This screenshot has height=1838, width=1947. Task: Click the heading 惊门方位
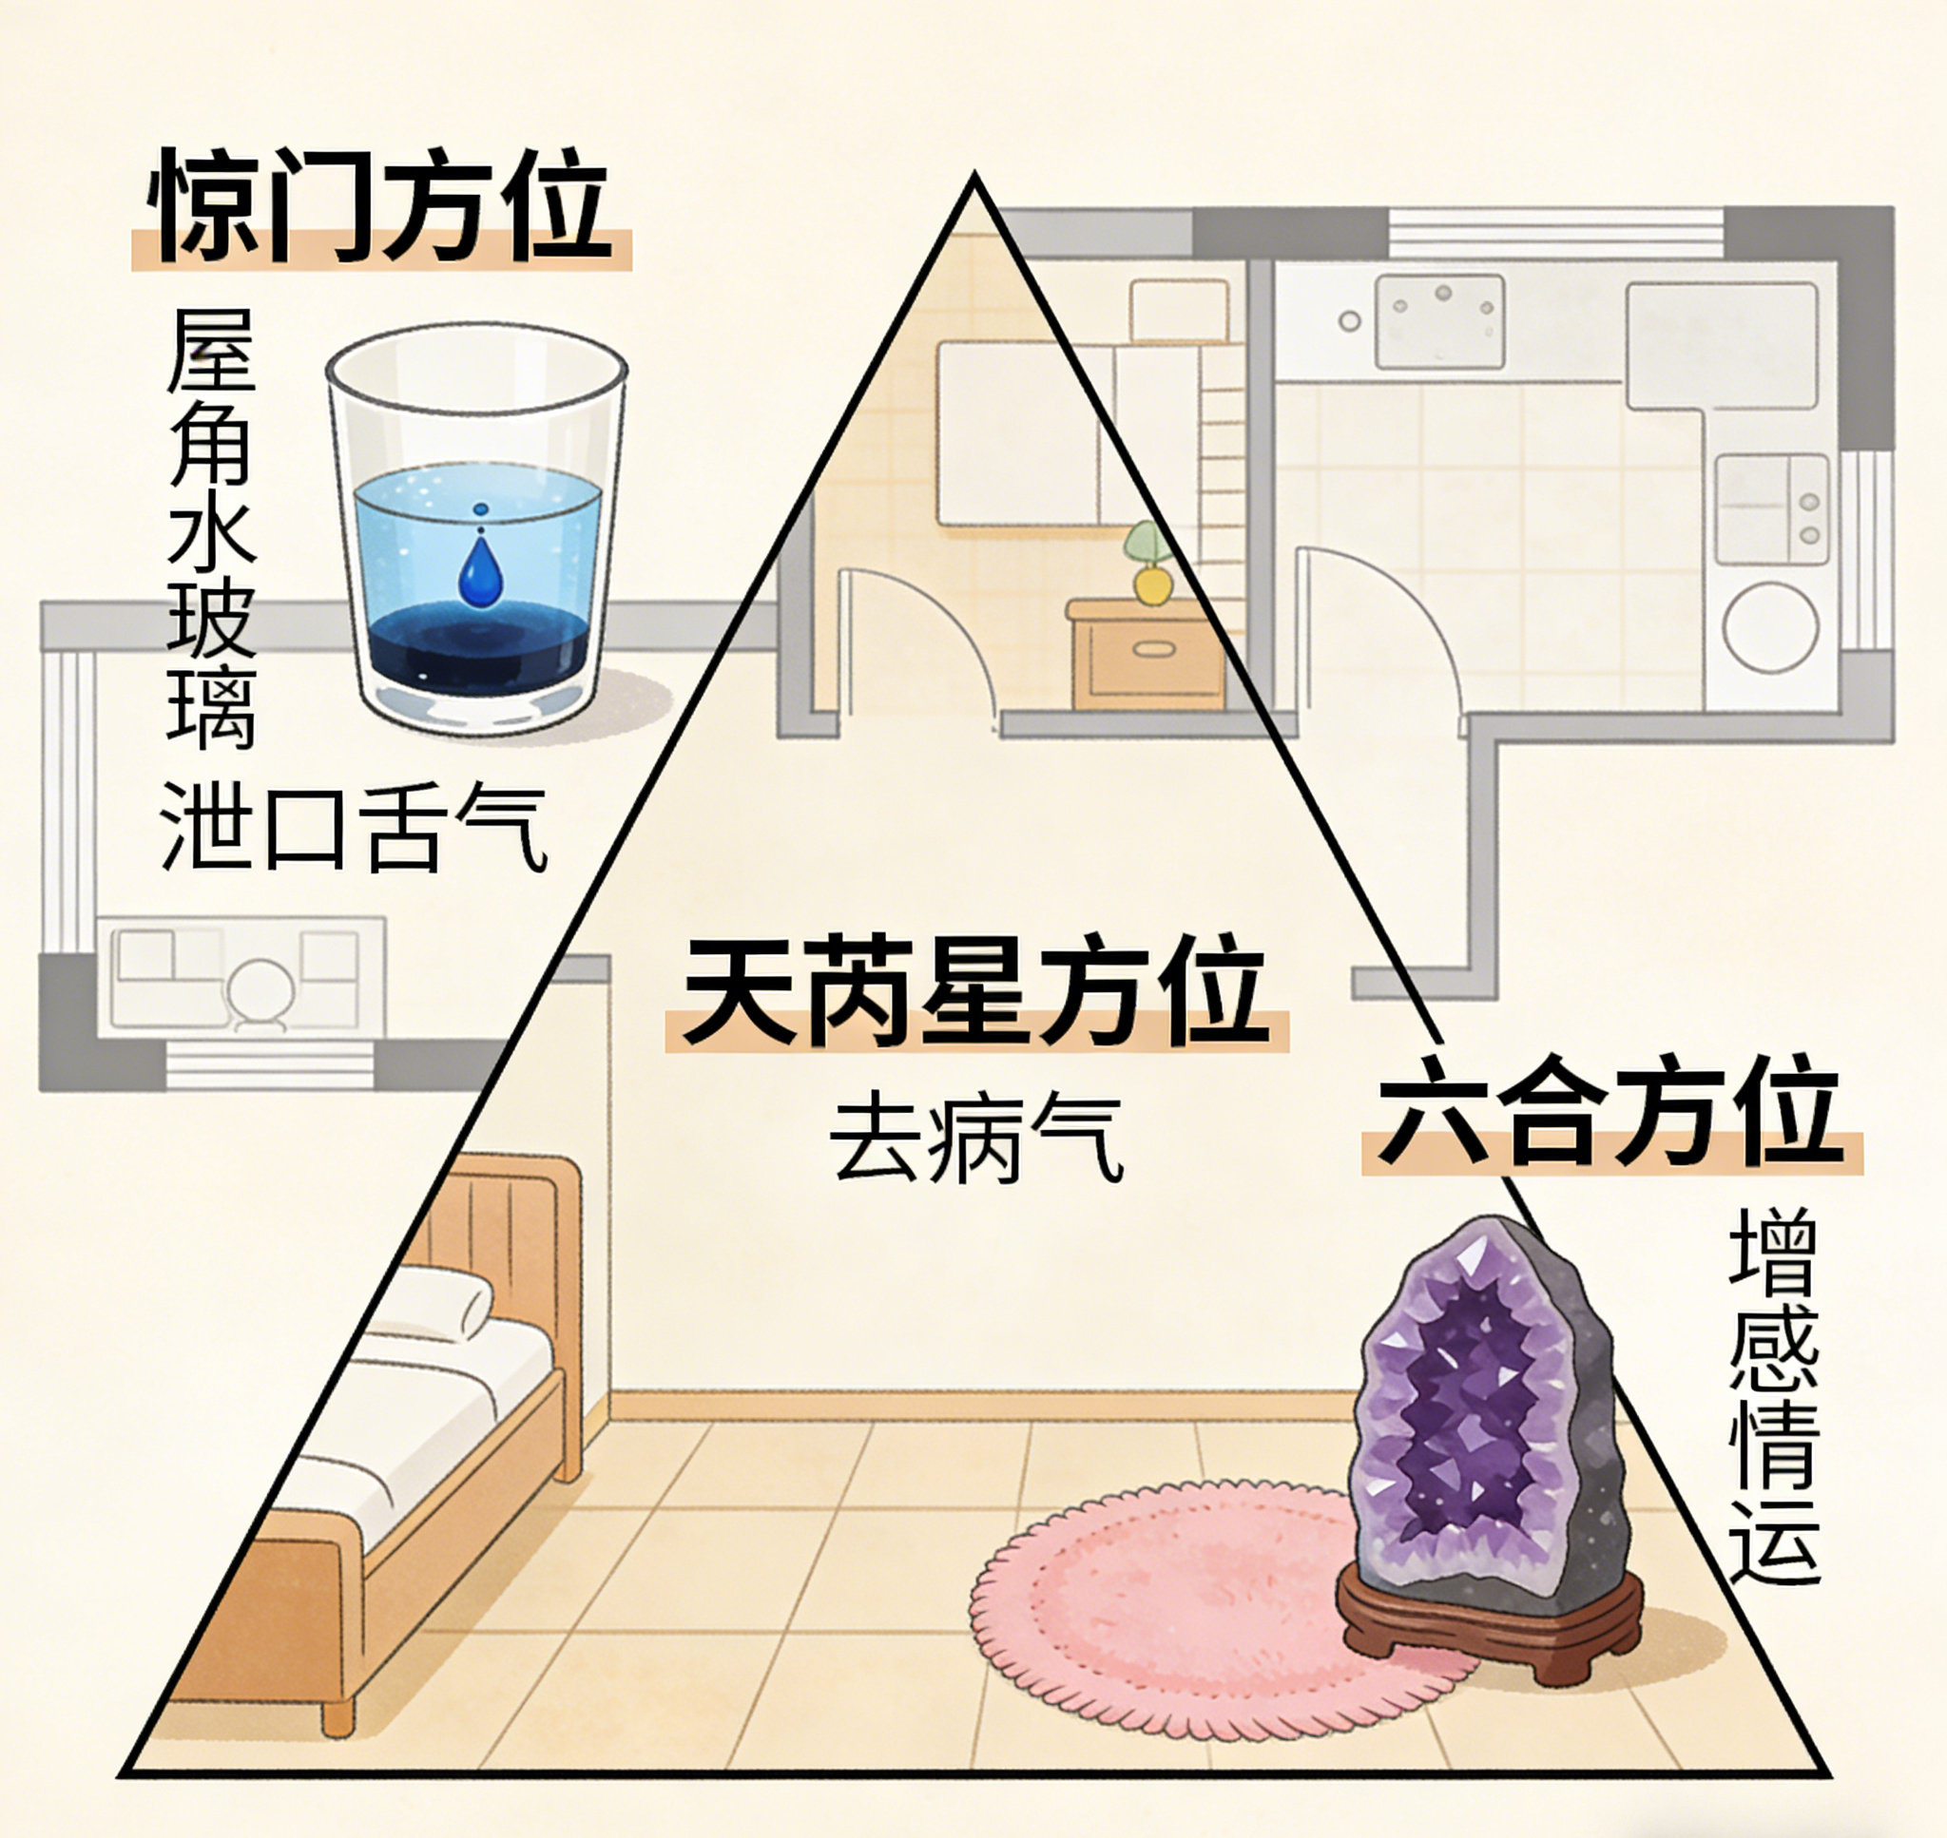coord(381,208)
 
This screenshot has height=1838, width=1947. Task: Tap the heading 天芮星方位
coord(975,990)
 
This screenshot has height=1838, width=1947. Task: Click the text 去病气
coord(975,1139)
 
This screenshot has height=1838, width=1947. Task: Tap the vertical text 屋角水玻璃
coord(211,529)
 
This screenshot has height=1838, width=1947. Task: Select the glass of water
coord(477,534)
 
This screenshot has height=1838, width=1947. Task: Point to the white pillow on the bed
coord(436,1303)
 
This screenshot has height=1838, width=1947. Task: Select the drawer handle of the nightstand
coord(1153,648)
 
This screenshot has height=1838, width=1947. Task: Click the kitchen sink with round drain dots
coord(1438,319)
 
